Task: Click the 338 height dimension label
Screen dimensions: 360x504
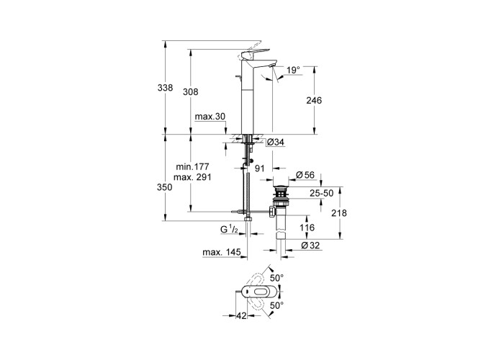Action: coord(166,88)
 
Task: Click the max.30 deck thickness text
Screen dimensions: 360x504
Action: coord(210,117)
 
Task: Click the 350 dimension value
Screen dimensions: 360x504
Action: coord(166,187)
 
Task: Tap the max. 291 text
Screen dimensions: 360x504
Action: coord(191,178)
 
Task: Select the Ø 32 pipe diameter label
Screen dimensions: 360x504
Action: coord(309,246)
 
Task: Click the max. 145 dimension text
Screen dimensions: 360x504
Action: coord(220,252)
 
